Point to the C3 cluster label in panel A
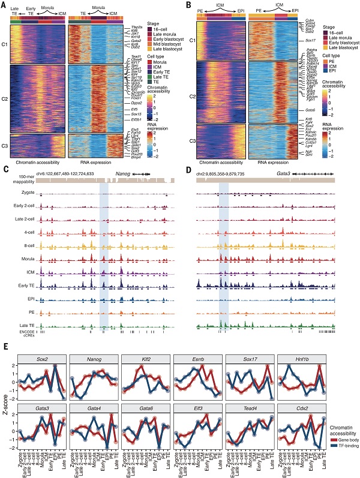pos(6,146)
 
